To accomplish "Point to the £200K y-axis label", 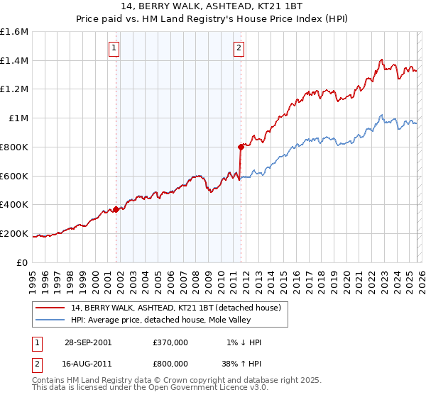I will pos(14,233).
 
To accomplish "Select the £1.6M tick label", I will pos(14,32).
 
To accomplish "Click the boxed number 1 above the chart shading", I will pos(114,48).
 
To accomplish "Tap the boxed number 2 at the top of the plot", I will pos(239,48).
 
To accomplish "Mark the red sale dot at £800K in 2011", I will pos(241,147).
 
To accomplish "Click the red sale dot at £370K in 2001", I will pos(116,208).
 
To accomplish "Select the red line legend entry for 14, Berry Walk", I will pos(176,308).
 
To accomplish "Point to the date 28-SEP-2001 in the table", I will pos(87,342).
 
